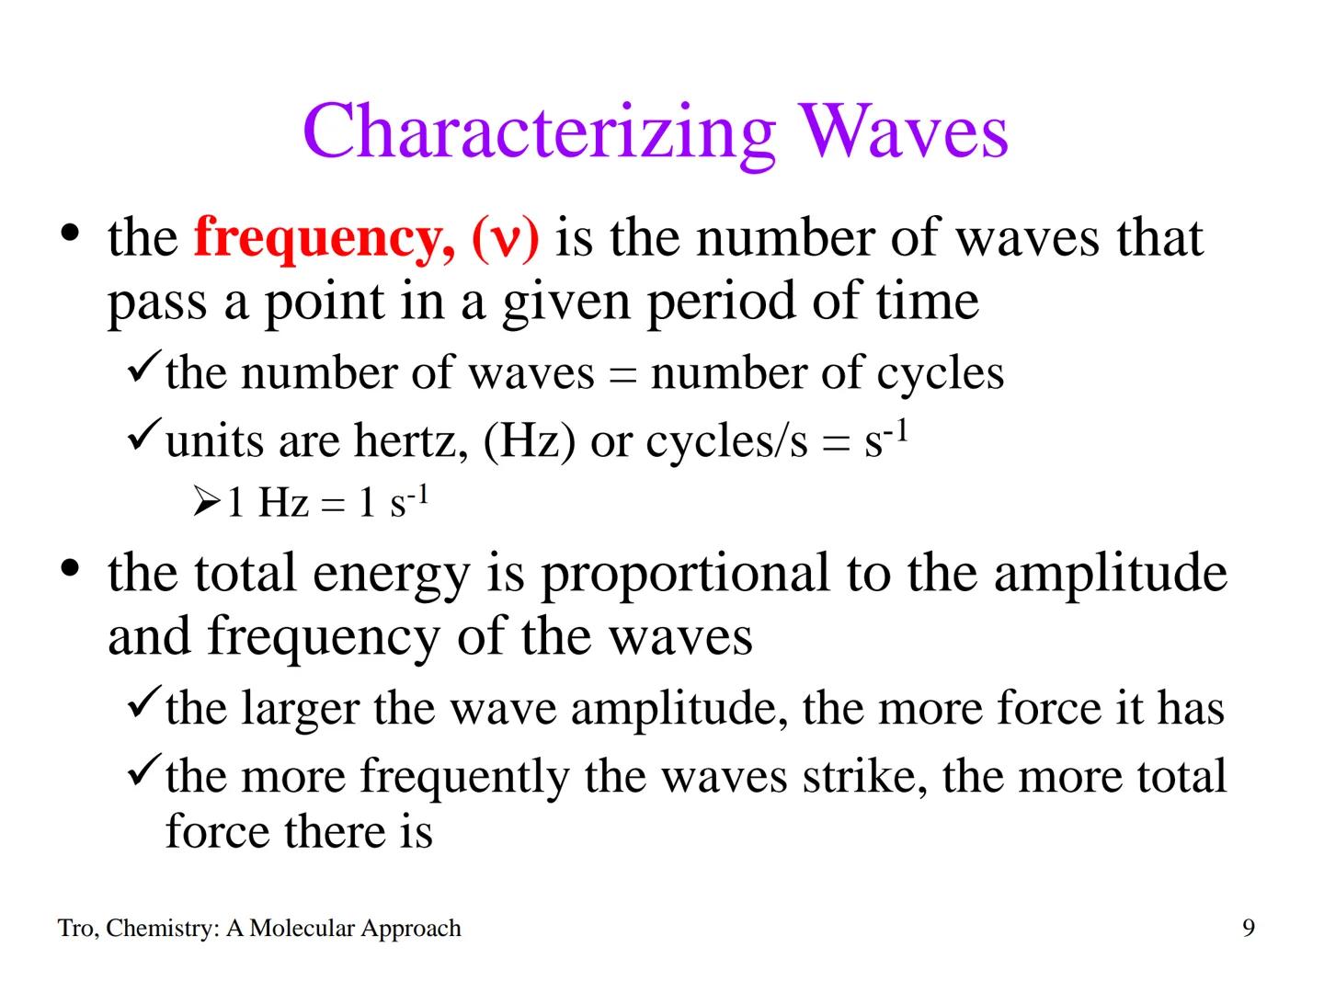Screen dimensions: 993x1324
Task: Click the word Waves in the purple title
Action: coord(904,132)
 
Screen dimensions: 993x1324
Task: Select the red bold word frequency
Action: coord(318,239)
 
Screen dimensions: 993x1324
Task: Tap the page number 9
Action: coord(1248,929)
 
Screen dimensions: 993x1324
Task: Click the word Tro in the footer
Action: coord(75,929)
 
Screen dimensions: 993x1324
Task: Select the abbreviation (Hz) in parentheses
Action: coord(529,441)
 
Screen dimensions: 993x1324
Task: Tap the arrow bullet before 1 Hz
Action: coord(207,502)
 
